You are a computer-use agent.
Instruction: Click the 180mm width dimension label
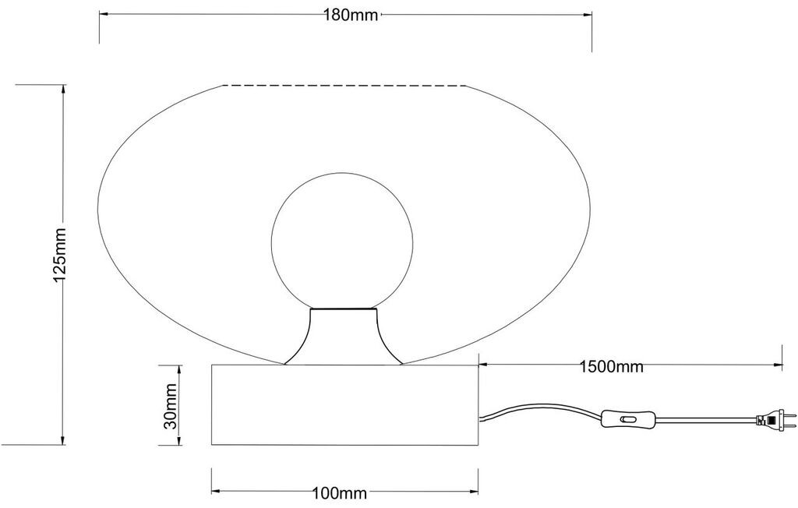351,16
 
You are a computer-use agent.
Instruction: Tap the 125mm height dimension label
60,255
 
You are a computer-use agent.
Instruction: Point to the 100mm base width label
340,493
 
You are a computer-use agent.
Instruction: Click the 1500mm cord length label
611,366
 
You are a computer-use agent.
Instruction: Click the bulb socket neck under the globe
343,336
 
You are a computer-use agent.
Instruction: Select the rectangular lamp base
345,404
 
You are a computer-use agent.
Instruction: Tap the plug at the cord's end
775,420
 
